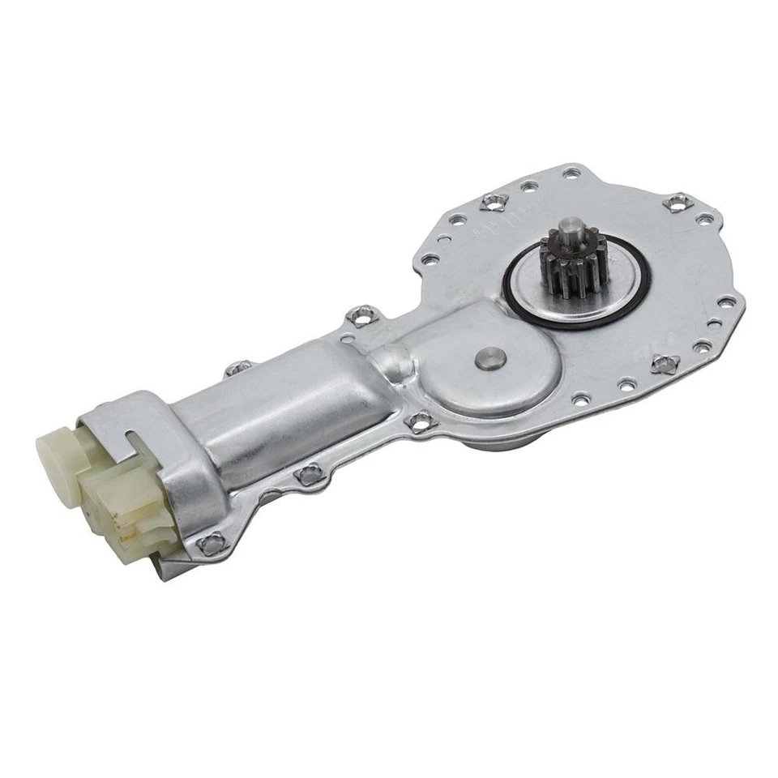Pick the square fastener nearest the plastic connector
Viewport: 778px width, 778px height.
click(x=212, y=544)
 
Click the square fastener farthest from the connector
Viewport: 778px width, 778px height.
click(x=678, y=202)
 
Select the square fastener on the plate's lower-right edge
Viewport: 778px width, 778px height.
click(x=664, y=364)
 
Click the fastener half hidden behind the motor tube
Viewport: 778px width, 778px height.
click(x=238, y=369)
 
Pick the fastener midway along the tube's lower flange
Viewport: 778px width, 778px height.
click(x=308, y=475)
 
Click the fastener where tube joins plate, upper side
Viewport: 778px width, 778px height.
click(x=362, y=315)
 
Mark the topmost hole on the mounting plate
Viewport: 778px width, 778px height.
click(x=571, y=173)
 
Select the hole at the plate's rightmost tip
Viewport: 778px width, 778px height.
click(x=727, y=301)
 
